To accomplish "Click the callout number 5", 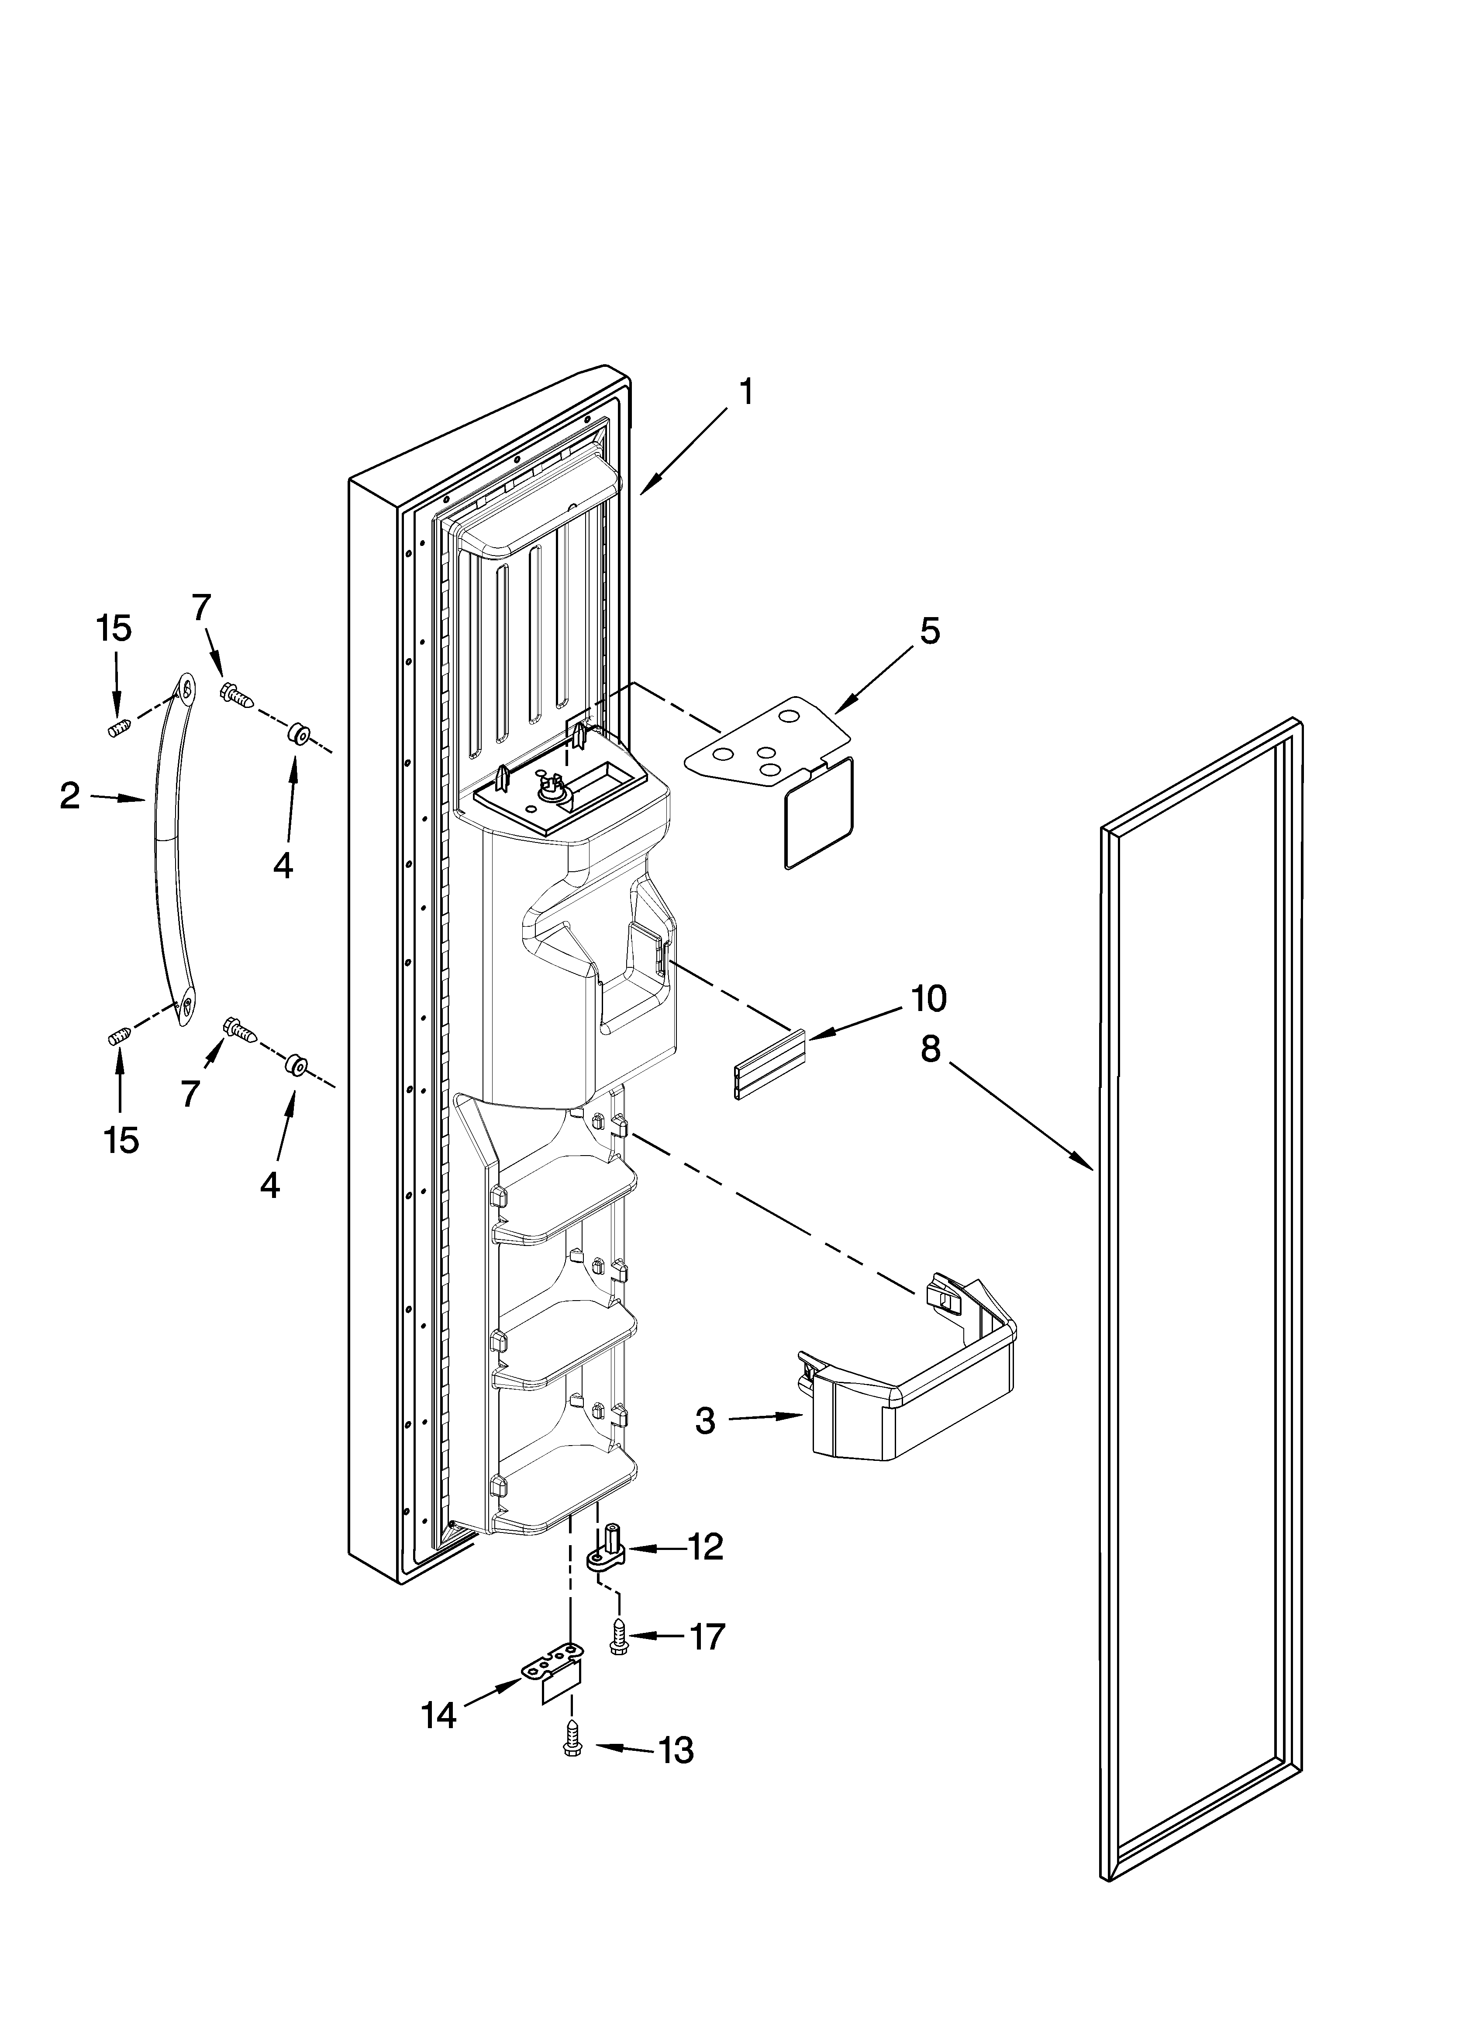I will click(929, 631).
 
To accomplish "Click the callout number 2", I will click(69, 796).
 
